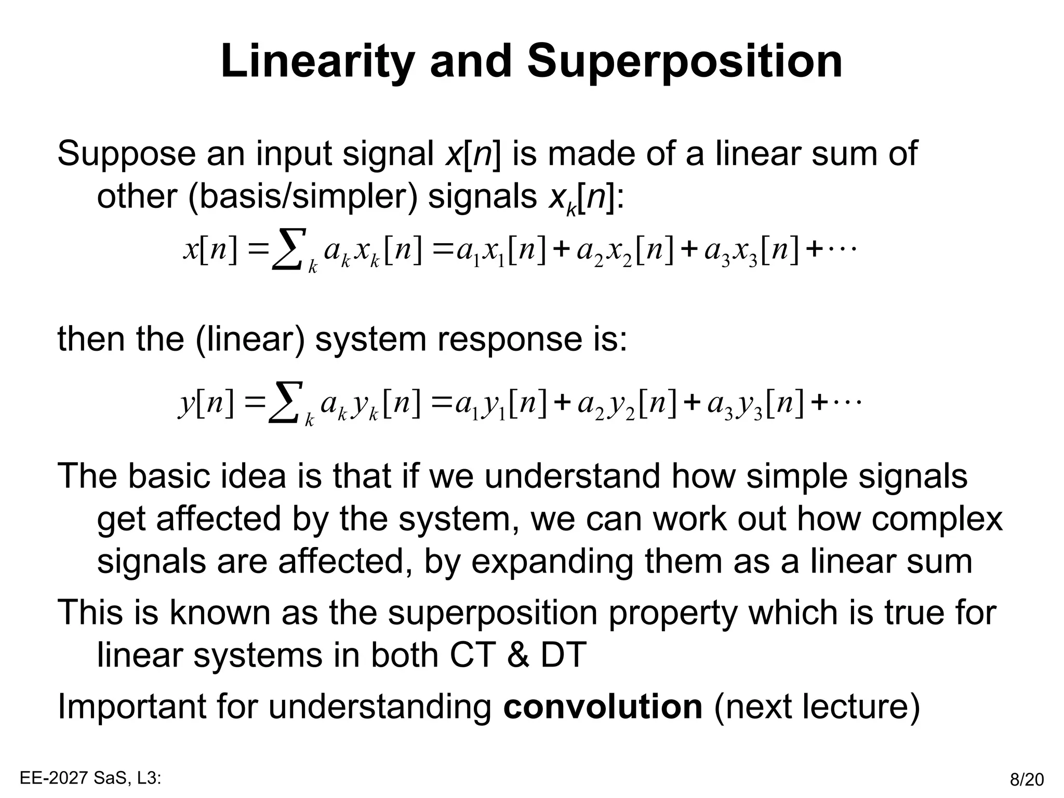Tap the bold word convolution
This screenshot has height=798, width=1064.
[603, 707]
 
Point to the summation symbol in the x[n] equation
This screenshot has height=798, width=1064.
[286, 250]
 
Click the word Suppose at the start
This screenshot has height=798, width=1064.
[126, 154]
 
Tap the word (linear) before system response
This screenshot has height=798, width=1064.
[250, 339]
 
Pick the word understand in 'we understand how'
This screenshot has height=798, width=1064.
[572, 476]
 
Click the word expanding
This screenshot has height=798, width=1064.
[552, 562]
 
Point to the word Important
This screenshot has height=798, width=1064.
[131, 707]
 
